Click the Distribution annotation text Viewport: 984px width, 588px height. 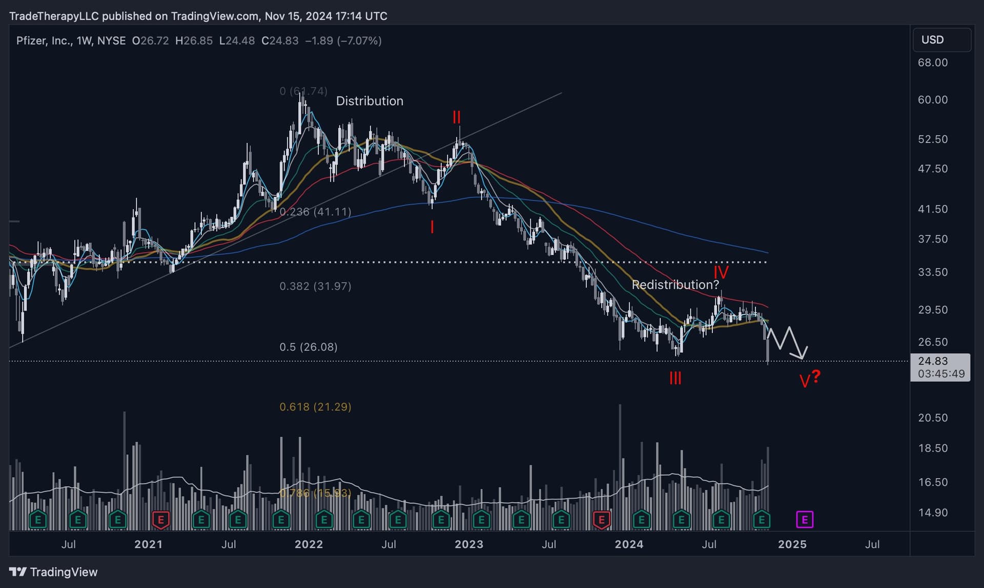click(x=370, y=101)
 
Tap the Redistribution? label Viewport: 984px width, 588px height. click(x=675, y=285)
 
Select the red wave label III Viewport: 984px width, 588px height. click(x=675, y=378)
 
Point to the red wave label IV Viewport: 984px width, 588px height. click(x=721, y=272)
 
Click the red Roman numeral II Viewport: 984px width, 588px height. click(x=456, y=117)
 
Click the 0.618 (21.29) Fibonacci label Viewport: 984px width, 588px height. click(x=315, y=407)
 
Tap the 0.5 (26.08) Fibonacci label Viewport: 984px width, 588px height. click(x=309, y=347)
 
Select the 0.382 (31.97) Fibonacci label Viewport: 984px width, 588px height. click(x=315, y=286)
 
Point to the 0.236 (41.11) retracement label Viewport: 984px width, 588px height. click(x=315, y=211)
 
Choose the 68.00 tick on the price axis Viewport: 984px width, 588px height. click(x=933, y=63)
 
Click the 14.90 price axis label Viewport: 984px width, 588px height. click(x=933, y=513)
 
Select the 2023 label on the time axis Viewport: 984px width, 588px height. click(x=469, y=544)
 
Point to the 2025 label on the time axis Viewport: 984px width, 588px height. click(x=792, y=544)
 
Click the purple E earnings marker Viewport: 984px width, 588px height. click(x=805, y=520)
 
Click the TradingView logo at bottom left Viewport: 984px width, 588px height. click(x=53, y=572)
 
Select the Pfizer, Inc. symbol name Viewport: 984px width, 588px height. click(x=45, y=40)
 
